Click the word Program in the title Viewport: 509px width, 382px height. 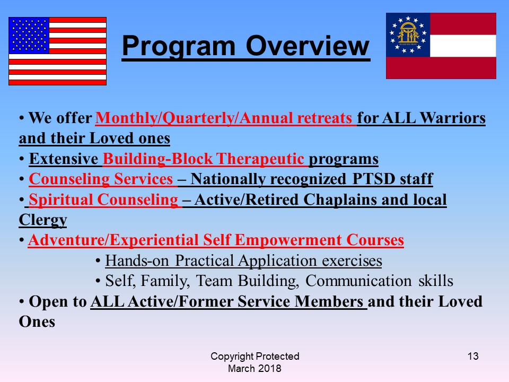click(178, 46)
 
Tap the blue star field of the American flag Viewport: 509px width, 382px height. click(29, 36)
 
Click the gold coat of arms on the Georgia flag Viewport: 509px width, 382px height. click(408, 34)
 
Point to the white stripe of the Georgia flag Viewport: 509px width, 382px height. click(463, 46)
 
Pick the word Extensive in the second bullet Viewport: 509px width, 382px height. click(64, 159)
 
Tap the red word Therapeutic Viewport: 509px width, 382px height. click(260, 159)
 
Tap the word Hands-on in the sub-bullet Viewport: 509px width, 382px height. click(137, 261)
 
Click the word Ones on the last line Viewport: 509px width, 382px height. click(37, 322)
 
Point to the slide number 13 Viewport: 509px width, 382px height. click(473, 357)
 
